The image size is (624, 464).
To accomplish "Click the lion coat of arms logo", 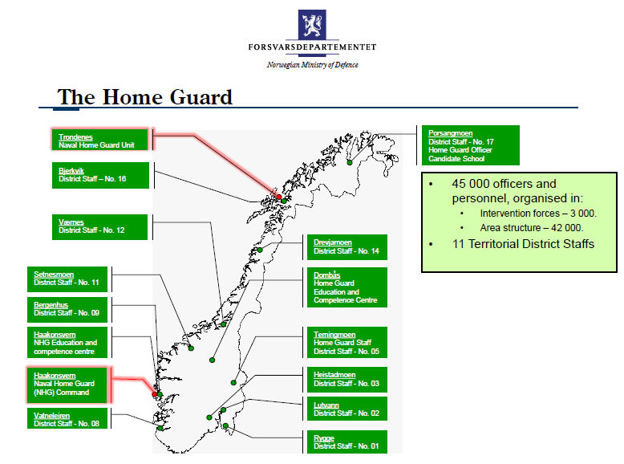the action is pos(312,24).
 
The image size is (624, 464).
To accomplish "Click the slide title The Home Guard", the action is pos(145,97).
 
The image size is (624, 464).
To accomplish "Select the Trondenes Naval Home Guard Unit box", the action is pos(100,140).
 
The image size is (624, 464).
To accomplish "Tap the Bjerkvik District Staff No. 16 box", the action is pos(100,175).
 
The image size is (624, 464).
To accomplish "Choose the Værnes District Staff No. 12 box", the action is pos(99,227).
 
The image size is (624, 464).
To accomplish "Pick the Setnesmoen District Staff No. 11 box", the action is pos(67,279).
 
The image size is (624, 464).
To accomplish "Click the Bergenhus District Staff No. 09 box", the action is pos(67,309).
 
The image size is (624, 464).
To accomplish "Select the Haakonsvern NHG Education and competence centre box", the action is pos(67,343).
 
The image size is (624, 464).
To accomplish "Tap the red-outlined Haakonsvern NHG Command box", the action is pos(67,385).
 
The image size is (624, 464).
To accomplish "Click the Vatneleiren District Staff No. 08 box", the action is pos(67,418).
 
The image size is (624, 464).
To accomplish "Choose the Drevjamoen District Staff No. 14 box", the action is pos(347,247).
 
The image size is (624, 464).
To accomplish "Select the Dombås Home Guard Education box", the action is pos(347,287).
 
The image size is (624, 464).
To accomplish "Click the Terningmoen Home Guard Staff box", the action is pos(347,343).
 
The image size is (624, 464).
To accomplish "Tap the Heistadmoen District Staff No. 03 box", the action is pos(347,380).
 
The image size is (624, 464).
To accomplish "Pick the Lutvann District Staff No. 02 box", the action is pos(347,409).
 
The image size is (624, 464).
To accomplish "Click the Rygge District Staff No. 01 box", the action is pos(347,442).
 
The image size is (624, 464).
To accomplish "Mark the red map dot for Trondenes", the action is pos(279,197).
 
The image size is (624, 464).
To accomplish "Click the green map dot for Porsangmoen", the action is pos(350,162).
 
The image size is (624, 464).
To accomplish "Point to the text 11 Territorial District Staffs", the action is pos(523,244).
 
